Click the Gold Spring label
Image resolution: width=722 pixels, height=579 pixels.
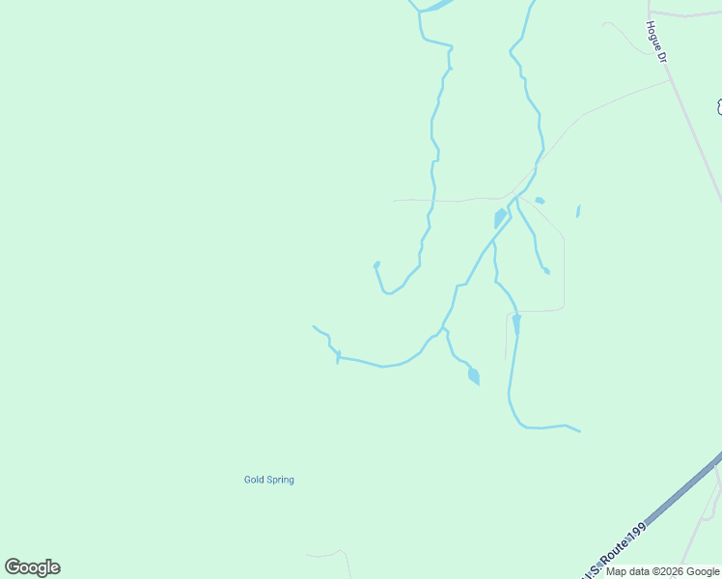[x=268, y=480]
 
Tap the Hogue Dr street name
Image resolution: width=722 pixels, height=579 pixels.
[x=657, y=42]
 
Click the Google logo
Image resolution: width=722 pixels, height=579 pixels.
[x=32, y=567]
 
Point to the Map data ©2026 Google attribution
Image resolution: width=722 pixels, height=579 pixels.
[x=663, y=571]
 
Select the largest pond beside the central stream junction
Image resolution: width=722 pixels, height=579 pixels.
[x=500, y=218]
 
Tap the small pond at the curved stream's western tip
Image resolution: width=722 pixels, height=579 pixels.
[x=376, y=264]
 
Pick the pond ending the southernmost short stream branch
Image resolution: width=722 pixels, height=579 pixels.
[x=473, y=375]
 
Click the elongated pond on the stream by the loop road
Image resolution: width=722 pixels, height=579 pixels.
[x=516, y=324]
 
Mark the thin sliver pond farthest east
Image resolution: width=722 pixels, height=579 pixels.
[x=577, y=211]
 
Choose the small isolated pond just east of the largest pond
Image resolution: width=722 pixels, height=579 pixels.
[x=540, y=201]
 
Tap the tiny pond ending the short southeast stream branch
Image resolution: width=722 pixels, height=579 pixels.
[x=546, y=271]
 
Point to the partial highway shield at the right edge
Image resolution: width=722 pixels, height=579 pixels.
[x=718, y=105]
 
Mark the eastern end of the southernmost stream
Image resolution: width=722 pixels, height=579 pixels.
[x=580, y=431]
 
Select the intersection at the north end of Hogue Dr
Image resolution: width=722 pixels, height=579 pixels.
[x=649, y=13]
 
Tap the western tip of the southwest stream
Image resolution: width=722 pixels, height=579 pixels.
[x=314, y=326]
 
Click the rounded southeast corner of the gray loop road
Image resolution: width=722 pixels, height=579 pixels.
[x=562, y=307]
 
